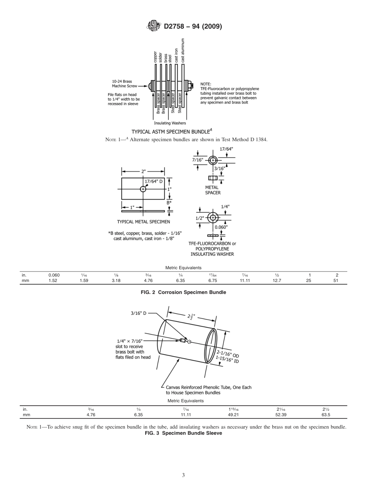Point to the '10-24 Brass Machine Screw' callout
coord(122,84)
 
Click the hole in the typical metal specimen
coord(143,189)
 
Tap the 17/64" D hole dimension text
coord(153,181)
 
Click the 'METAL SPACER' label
coord(213,190)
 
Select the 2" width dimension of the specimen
coord(143,171)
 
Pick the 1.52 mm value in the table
coord(53,281)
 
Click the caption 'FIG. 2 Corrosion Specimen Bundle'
coord(183,292)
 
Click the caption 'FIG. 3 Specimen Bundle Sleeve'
coord(183,433)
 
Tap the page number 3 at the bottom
coord(183,475)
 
